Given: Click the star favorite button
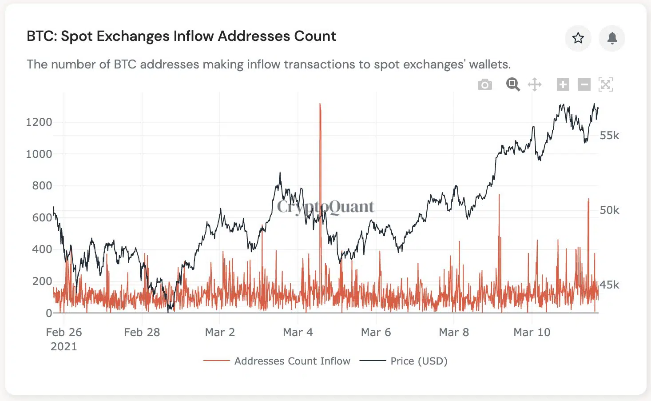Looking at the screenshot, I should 578,38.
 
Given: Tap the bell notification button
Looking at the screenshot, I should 612,38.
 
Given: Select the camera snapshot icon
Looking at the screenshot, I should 484,84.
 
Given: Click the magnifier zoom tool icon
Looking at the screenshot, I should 513,84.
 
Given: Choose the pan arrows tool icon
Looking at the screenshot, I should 535,84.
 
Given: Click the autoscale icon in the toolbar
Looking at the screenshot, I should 606,84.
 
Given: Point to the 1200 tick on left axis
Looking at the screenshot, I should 39,122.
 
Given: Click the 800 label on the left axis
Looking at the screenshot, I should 42,186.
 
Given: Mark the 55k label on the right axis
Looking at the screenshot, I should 609,136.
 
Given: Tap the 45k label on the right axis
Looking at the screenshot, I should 609,285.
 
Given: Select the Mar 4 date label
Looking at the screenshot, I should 298,333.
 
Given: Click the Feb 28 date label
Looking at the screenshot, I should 142,333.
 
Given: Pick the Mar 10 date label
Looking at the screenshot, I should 532,333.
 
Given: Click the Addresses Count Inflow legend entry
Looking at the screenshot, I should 292,361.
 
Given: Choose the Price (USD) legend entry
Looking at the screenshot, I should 419,361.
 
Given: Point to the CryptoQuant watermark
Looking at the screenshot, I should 325,207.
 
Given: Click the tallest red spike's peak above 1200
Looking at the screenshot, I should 320,105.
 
